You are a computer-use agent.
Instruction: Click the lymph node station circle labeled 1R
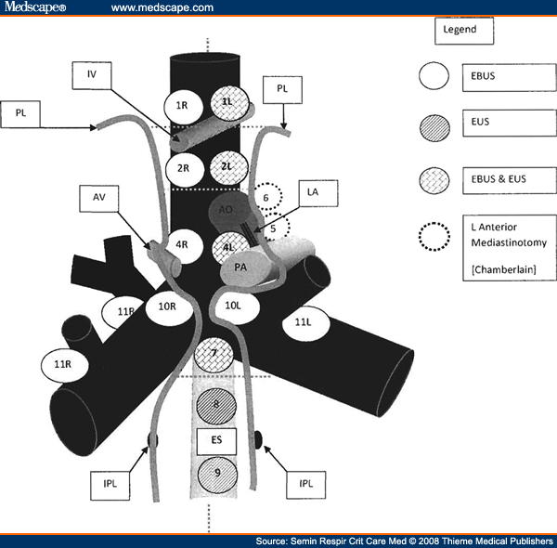click(x=182, y=106)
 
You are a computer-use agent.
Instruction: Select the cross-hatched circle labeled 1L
click(x=227, y=104)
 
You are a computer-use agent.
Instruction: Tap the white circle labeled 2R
click(x=182, y=168)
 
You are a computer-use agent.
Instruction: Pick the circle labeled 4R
click(x=183, y=246)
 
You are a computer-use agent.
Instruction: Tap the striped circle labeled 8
click(x=216, y=404)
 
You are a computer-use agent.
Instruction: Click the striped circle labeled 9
click(x=216, y=473)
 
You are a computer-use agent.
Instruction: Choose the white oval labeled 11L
click(x=303, y=322)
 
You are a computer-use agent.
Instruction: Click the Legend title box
click(x=460, y=30)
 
